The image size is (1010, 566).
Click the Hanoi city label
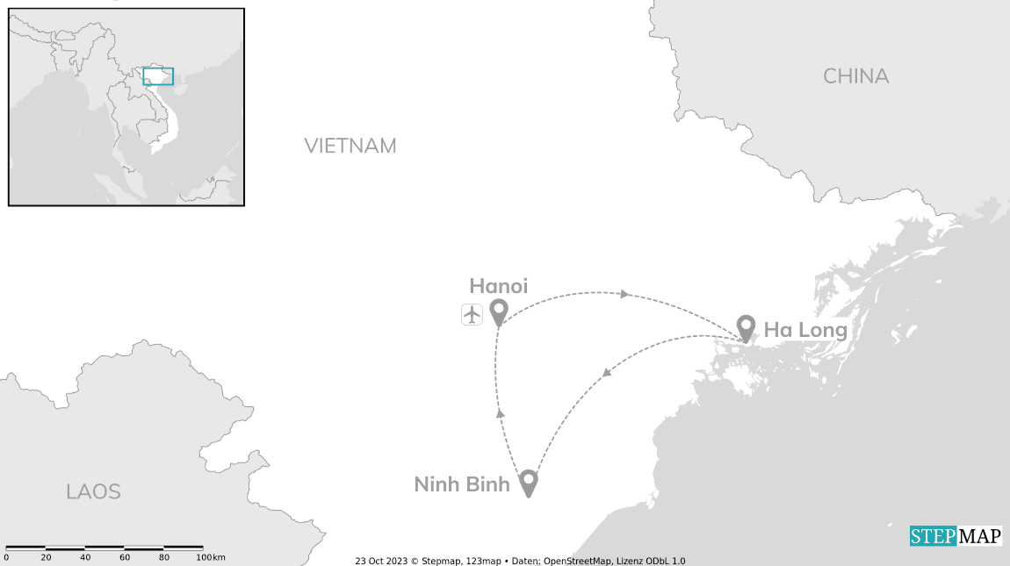pos(498,285)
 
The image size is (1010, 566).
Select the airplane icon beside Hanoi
pos(473,313)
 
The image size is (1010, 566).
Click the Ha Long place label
pos(804,330)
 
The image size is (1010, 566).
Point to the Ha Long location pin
pos(746,327)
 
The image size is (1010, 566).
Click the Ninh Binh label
pos(462,484)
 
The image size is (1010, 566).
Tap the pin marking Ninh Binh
pos(528,482)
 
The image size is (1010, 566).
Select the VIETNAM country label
pos(350,146)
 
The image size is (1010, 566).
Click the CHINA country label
pos(855,76)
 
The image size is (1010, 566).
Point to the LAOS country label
pos(93,491)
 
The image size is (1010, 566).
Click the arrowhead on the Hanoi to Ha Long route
pos(624,294)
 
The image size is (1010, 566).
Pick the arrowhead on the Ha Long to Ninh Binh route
pos(605,375)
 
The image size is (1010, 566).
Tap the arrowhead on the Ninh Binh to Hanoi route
pos(501,412)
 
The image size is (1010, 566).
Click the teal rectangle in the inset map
pos(158,76)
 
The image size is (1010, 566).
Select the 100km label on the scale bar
pos(211,557)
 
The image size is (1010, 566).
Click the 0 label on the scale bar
pos(6,557)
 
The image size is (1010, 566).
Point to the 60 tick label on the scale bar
pos(125,557)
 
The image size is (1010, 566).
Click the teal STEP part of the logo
pos(933,536)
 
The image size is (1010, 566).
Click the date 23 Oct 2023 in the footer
pos(379,561)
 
